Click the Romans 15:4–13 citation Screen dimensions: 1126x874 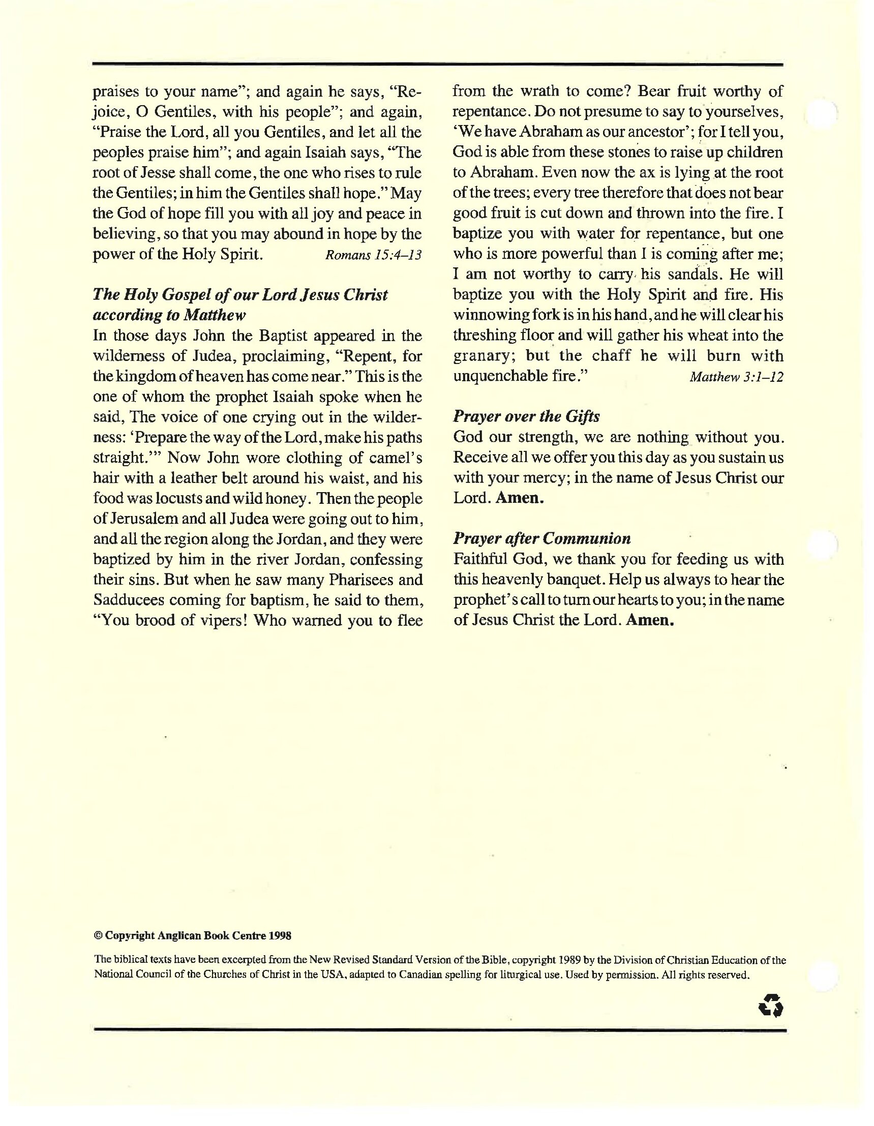tap(373, 255)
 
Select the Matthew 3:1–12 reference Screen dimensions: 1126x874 tap(736, 377)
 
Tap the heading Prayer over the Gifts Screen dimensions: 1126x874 tap(526, 416)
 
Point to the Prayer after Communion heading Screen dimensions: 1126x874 tap(541, 539)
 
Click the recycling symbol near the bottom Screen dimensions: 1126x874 tap(771, 1006)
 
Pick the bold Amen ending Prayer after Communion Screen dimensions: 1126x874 tap(650, 620)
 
